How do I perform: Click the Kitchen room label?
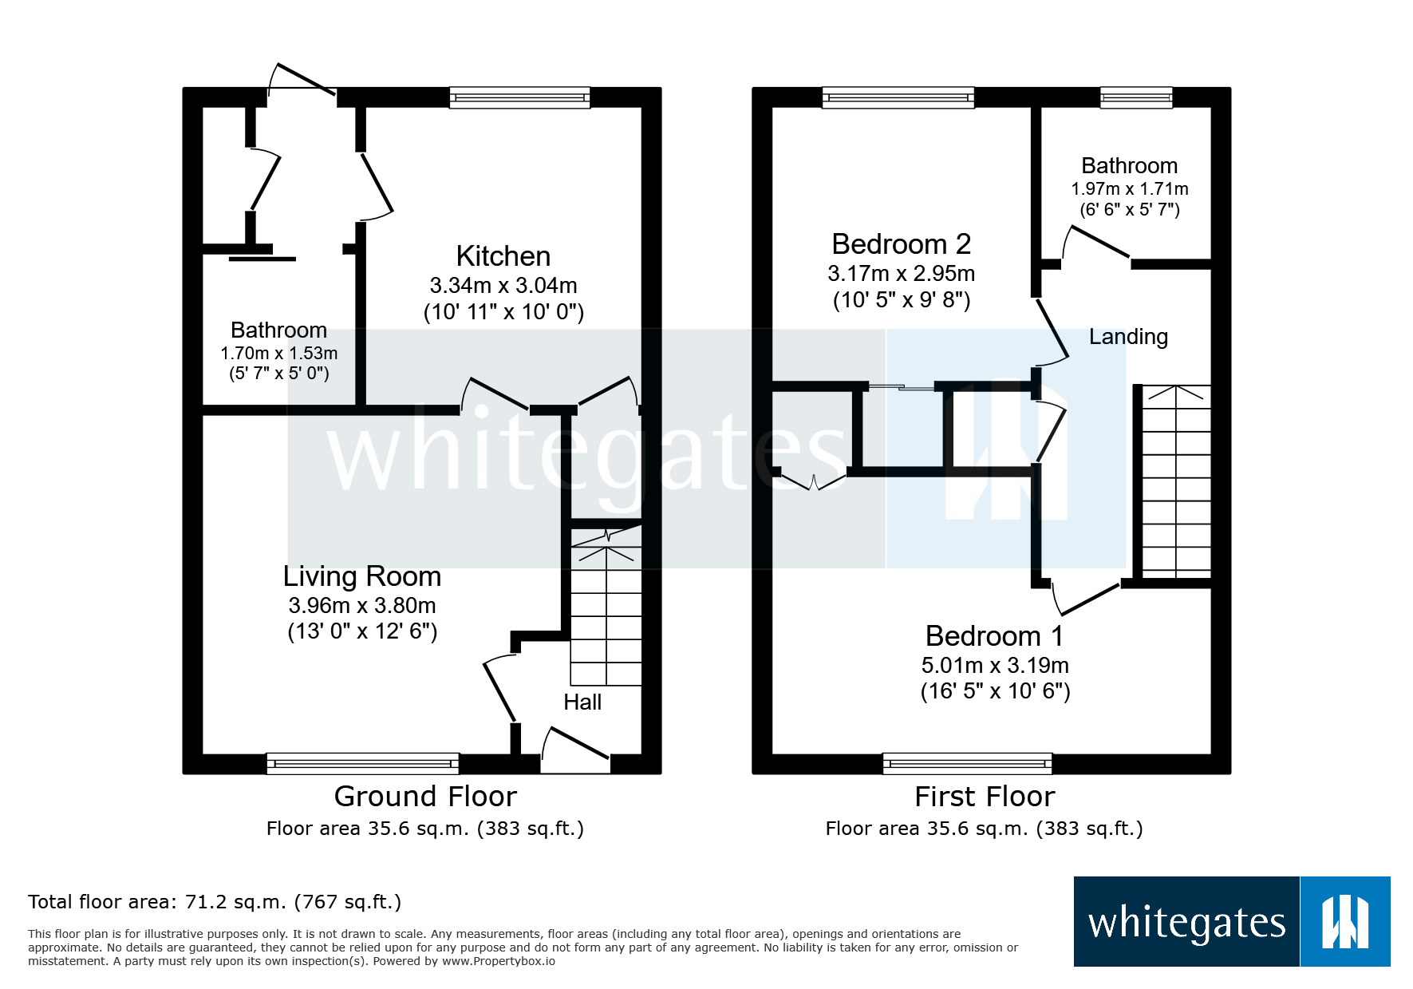click(x=503, y=256)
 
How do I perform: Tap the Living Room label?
click(x=361, y=576)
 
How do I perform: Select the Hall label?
click(x=582, y=702)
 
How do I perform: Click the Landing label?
click(x=1128, y=337)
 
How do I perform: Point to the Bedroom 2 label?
click(x=901, y=244)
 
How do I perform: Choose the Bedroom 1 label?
click(x=994, y=636)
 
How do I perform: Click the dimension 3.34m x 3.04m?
click(x=503, y=285)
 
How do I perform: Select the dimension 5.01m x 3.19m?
click(x=994, y=665)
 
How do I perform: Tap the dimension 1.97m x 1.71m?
click(x=1129, y=189)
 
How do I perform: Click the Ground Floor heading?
click(x=425, y=797)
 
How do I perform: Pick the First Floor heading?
click(x=984, y=797)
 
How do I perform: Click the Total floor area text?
click(x=214, y=902)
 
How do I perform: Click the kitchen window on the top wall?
click(x=519, y=97)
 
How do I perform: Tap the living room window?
click(x=362, y=764)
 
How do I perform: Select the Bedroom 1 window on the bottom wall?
click(x=967, y=764)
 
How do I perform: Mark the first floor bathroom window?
click(x=1136, y=97)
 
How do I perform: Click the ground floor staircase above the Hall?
click(x=606, y=615)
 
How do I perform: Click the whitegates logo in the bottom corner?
click(x=1231, y=922)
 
